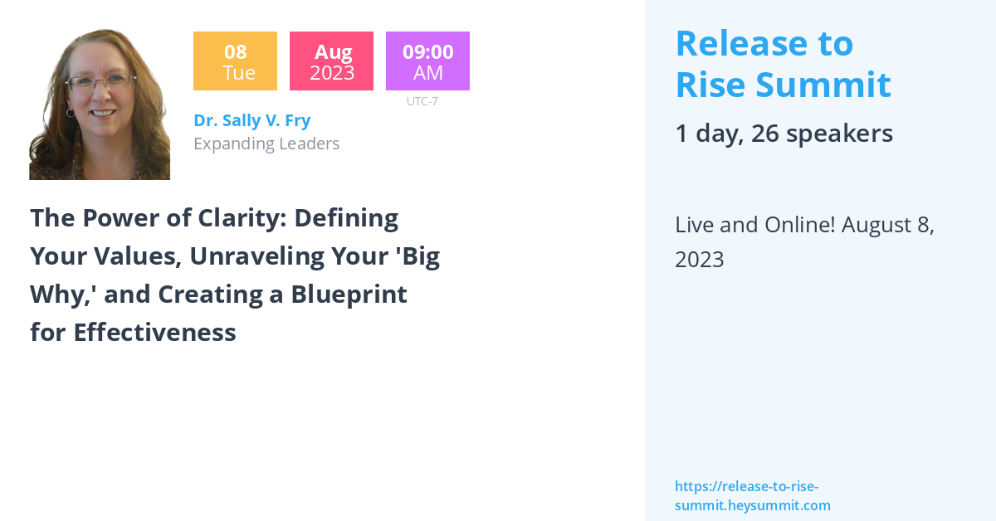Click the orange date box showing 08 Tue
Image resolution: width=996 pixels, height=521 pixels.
pyautogui.click(x=235, y=61)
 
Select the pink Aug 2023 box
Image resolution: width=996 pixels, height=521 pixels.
pyautogui.click(x=331, y=61)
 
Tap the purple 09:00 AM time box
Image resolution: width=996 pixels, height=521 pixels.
pyautogui.click(x=427, y=61)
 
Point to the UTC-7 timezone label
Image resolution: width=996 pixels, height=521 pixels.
pyautogui.click(x=422, y=101)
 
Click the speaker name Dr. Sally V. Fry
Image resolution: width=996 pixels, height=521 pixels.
pyautogui.click(x=251, y=120)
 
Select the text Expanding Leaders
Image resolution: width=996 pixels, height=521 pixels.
pyautogui.click(x=266, y=144)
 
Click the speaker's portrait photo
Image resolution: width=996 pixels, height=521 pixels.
pyautogui.click(x=100, y=105)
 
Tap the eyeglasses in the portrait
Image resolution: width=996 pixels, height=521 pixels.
pyautogui.click(x=100, y=83)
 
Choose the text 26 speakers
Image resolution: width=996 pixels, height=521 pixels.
pyautogui.click(x=822, y=134)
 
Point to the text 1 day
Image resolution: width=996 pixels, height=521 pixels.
pyautogui.click(x=706, y=134)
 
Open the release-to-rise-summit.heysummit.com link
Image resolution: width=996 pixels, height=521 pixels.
pyautogui.click(x=752, y=496)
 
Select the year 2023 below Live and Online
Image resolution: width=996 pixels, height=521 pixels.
pyautogui.click(x=700, y=260)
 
